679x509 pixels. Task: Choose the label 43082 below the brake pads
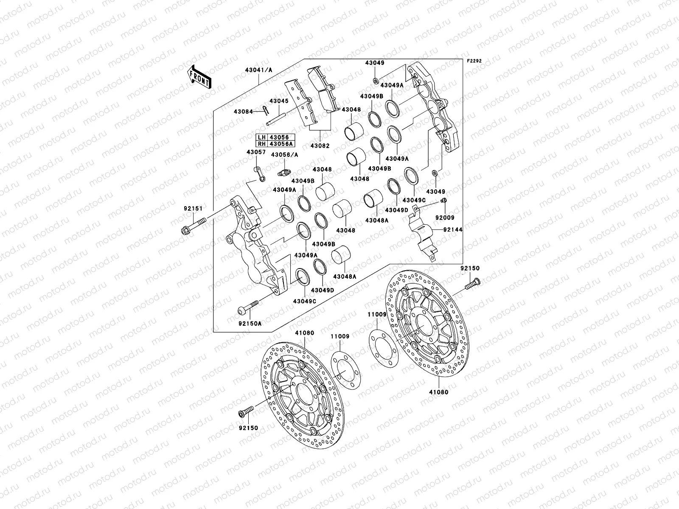pos(320,145)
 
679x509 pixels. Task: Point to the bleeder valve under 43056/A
pos(283,173)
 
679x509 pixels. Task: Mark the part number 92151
pos(193,208)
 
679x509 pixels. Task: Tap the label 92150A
pos(249,323)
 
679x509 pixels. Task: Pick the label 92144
pos(453,229)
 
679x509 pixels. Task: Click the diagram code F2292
pos(475,61)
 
